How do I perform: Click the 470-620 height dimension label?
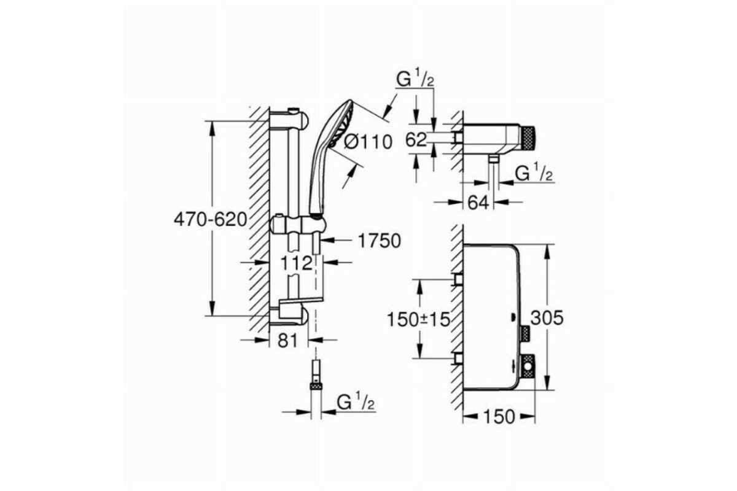(210, 219)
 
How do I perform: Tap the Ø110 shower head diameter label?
(368, 142)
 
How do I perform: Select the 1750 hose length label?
(380, 241)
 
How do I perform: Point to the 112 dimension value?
(297, 263)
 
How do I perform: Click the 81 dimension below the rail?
(287, 341)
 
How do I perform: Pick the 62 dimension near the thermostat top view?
(416, 139)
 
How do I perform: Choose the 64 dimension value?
(478, 203)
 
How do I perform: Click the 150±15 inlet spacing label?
(418, 319)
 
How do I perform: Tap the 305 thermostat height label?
(547, 318)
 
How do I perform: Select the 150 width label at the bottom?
(499, 417)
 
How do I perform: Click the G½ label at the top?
(415, 79)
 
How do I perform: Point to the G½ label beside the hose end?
(356, 402)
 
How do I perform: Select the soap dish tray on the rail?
(301, 302)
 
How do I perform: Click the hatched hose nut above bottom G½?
(316, 385)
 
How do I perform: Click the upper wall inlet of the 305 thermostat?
(459, 279)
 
